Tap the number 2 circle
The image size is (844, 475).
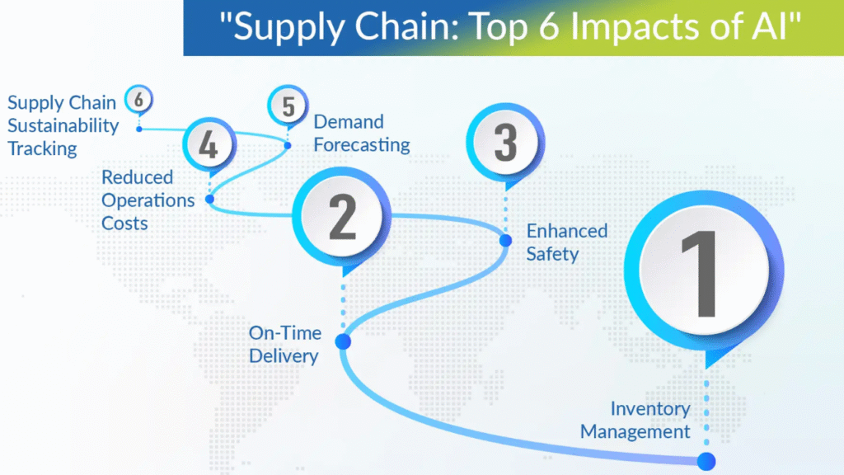(x=342, y=216)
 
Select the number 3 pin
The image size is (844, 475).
(x=505, y=142)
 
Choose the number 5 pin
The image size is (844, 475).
(x=288, y=108)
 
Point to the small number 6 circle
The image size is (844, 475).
(x=138, y=100)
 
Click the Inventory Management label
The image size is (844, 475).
(x=635, y=420)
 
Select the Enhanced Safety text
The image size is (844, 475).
(x=566, y=242)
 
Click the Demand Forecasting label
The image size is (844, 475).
(x=361, y=133)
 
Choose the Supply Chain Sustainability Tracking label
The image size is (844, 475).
(x=63, y=126)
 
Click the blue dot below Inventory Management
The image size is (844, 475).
(x=706, y=462)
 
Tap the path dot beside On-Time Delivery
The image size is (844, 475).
(x=343, y=341)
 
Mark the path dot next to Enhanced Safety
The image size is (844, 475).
(x=506, y=241)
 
